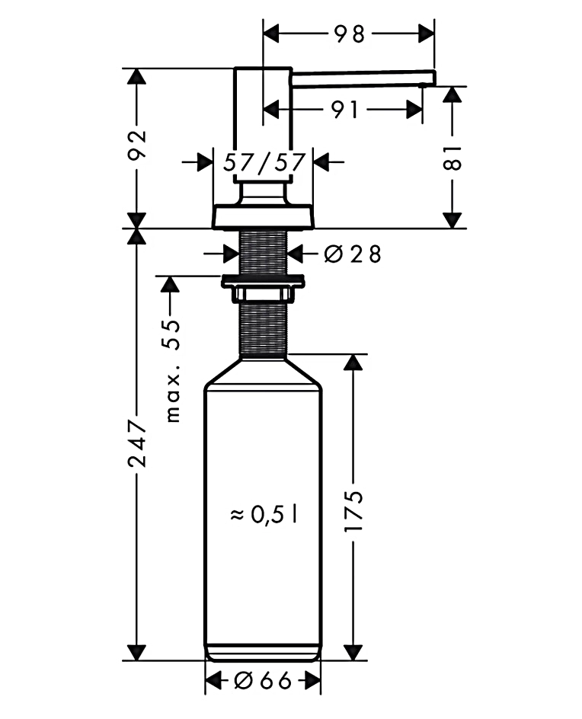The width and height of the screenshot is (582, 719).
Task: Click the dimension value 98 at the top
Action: pos(350,34)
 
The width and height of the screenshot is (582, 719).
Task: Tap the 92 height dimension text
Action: pos(136,145)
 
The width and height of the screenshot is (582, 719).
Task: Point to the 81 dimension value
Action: pos(452,158)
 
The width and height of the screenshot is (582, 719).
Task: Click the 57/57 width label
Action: pos(264,162)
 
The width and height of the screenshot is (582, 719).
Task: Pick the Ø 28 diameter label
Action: pos(352,254)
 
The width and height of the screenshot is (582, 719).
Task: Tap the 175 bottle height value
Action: pos(353,511)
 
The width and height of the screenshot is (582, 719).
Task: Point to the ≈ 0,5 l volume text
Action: pos(264,515)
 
